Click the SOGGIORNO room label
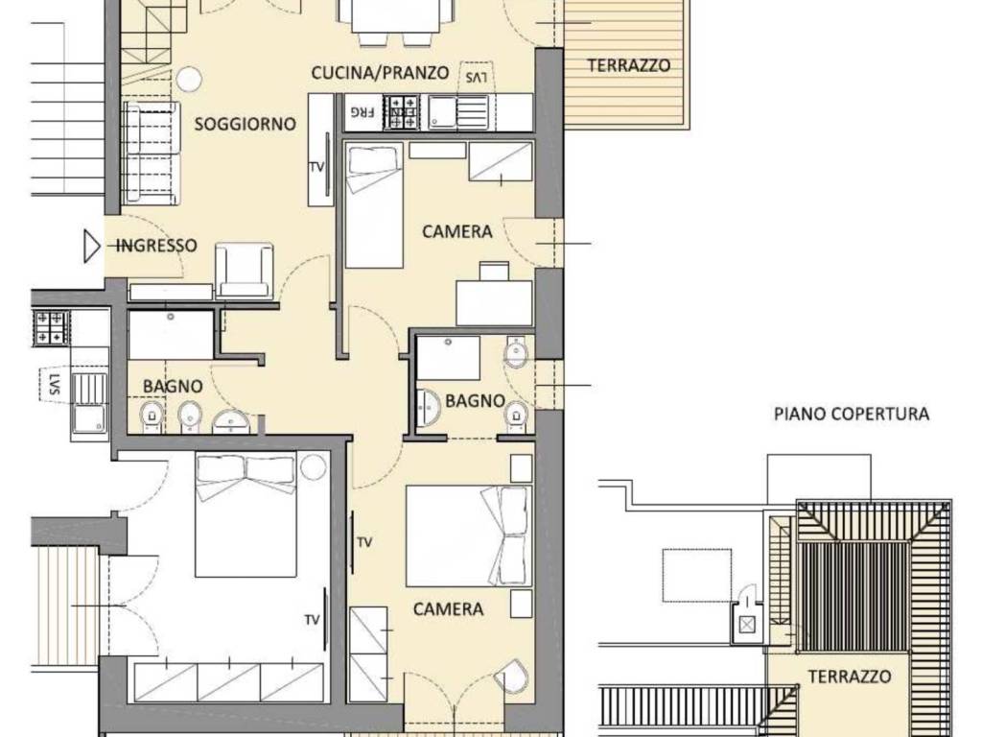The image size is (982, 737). (245, 124)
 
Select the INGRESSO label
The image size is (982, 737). (156, 246)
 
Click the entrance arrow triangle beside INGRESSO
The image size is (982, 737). (92, 247)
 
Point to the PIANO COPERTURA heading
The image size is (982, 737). (852, 415)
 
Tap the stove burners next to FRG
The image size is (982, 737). (401, 111)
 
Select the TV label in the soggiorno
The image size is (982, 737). (316, 167)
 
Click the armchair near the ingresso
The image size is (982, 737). (244, 272)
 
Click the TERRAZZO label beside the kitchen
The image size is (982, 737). (628, 66)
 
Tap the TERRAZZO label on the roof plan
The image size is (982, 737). (849, 677)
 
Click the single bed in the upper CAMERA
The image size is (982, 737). (373, 205)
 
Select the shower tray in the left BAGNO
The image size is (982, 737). (171, 335)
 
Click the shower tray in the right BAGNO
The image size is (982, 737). (449, 358)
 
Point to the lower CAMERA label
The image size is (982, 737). (448, 609)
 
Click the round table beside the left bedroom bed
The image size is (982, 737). (313, 467)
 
